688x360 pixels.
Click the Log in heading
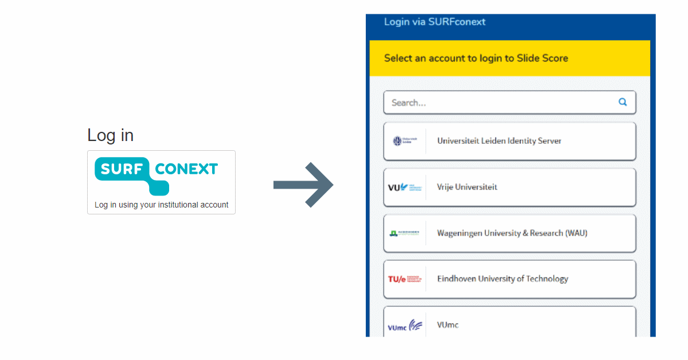point(110,135)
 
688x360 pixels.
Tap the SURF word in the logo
point(121,169)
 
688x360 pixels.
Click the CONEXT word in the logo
point(186,169)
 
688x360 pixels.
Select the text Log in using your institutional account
point(161,205)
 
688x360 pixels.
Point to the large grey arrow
point(303,185)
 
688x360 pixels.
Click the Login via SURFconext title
point(435,22)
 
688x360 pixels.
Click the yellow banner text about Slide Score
point(476,58)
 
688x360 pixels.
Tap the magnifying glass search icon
point(623,103)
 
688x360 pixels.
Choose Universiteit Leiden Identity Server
point(499,141)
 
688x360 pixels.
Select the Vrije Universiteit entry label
point(467,187)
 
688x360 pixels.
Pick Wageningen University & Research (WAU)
point(512,233)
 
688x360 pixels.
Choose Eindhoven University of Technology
point(502,279)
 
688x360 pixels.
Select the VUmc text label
point(448,325)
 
